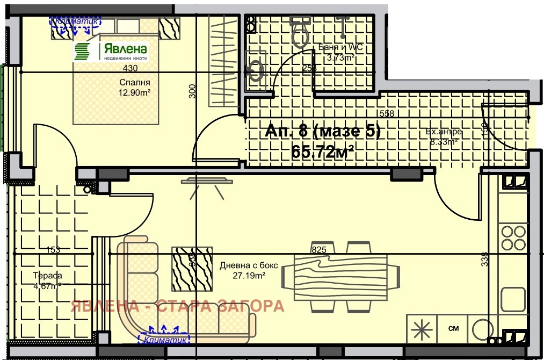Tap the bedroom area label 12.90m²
tap(134, 92)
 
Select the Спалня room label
tap(134, 83)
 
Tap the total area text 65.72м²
tap(322, 152)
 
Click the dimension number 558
tap(387, 113)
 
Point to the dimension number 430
tap(130, 68)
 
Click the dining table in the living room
tap(340, 277)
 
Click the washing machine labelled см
tap(453, 328)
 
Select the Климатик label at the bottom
tap(164, 339)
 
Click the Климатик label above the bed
tap(76, 20)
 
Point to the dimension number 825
tap(319, 250)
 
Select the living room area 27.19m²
tap(243, 276)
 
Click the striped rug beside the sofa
tap(192, 269)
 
